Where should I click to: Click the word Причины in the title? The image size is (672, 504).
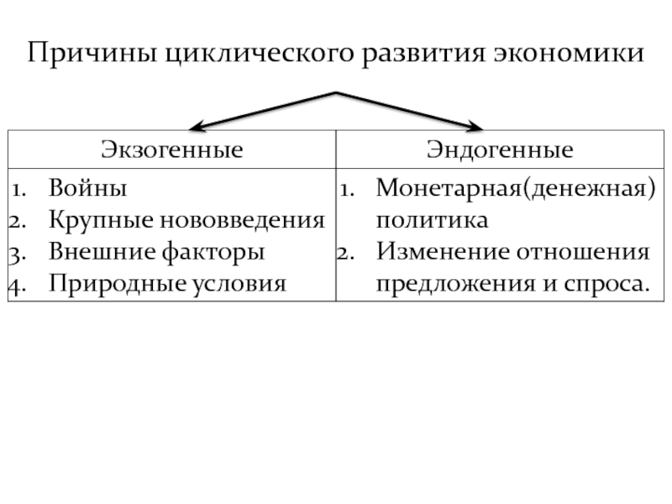coord(90,55)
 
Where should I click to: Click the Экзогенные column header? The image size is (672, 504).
coord(172,150)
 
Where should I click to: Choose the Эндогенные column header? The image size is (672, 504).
coord(500,150)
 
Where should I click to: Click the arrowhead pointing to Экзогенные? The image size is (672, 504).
coord(197,128)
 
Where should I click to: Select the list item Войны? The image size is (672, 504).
coord(88,188)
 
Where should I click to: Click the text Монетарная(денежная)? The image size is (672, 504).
coord(515,188)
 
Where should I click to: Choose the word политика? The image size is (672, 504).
coord(431,220)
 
